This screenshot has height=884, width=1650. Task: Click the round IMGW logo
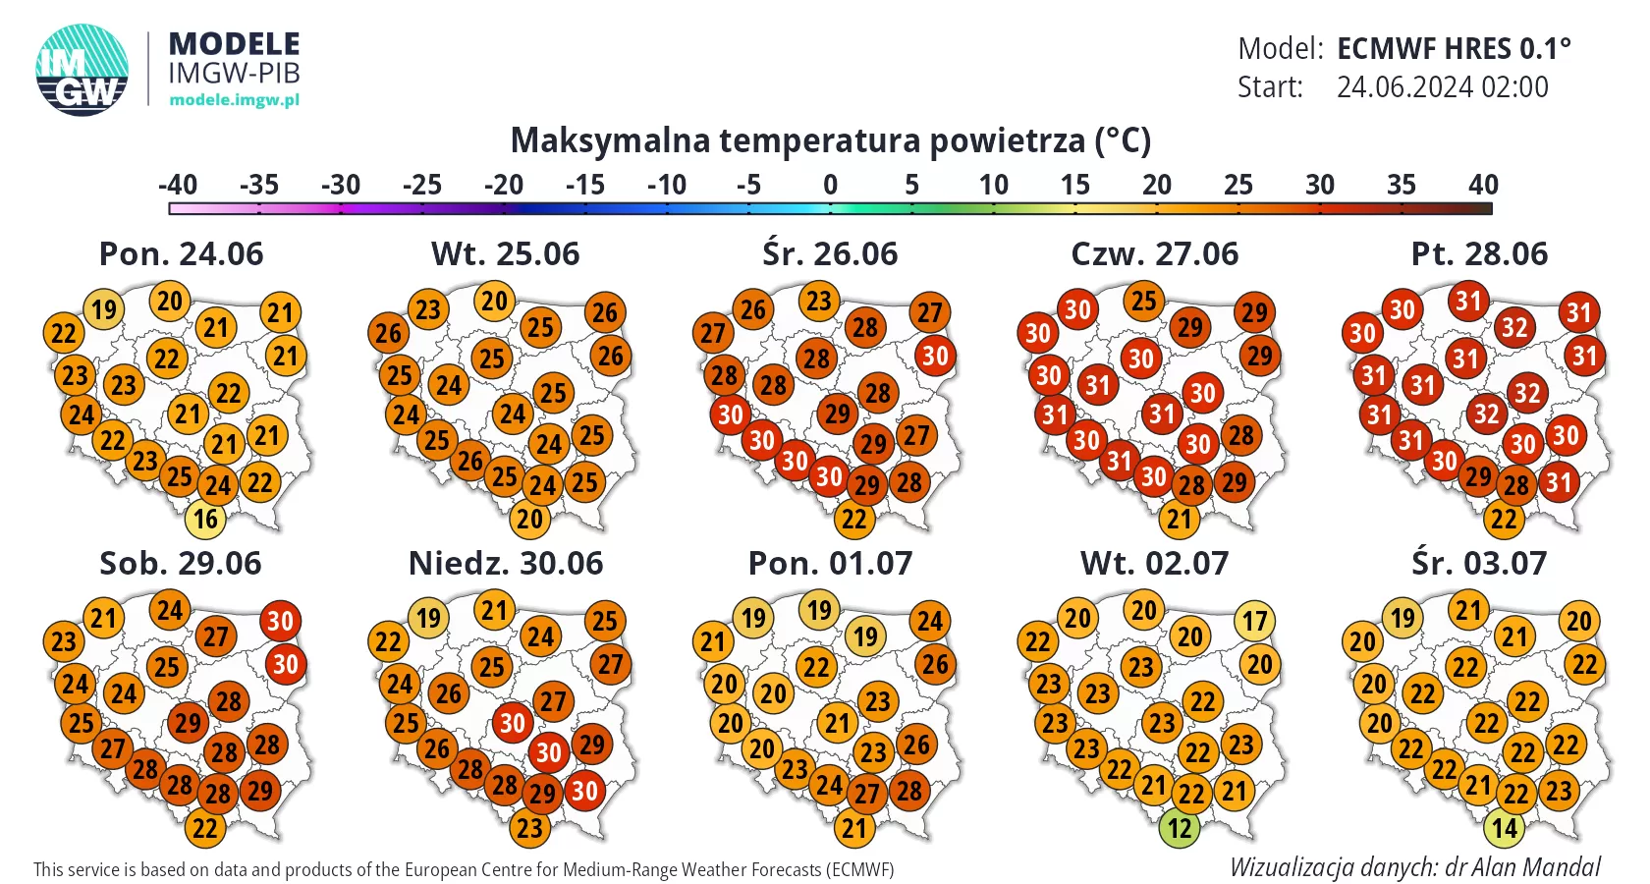[82, 70]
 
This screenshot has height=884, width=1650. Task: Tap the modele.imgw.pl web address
[234, 99]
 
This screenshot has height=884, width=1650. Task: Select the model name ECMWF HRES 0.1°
[1454, 48]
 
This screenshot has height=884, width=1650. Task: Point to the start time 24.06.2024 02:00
[1442, 87]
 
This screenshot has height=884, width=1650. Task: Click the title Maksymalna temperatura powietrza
[830, 140]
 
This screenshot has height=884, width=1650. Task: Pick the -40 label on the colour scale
[178, 185]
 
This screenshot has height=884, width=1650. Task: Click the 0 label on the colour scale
[830, 185]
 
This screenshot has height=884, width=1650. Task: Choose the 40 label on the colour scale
[1483, 185]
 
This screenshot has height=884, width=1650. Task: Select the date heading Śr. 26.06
[830, 253]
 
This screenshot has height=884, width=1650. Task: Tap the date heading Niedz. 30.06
[506, 563]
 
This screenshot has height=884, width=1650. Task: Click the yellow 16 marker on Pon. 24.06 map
[205, 519]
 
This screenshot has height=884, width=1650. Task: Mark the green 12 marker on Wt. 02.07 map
[1180, 828]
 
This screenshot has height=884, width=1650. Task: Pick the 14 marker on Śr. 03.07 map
[1505, 828]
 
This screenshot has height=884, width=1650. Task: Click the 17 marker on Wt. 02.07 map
[1254, 621]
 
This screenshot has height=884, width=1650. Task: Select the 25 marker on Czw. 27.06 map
[1143, 301]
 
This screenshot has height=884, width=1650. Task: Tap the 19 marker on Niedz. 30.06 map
[428, 618]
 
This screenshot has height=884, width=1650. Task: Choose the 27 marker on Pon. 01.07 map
[866, 792]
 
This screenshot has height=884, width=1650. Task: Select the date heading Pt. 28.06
[1479, 253]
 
